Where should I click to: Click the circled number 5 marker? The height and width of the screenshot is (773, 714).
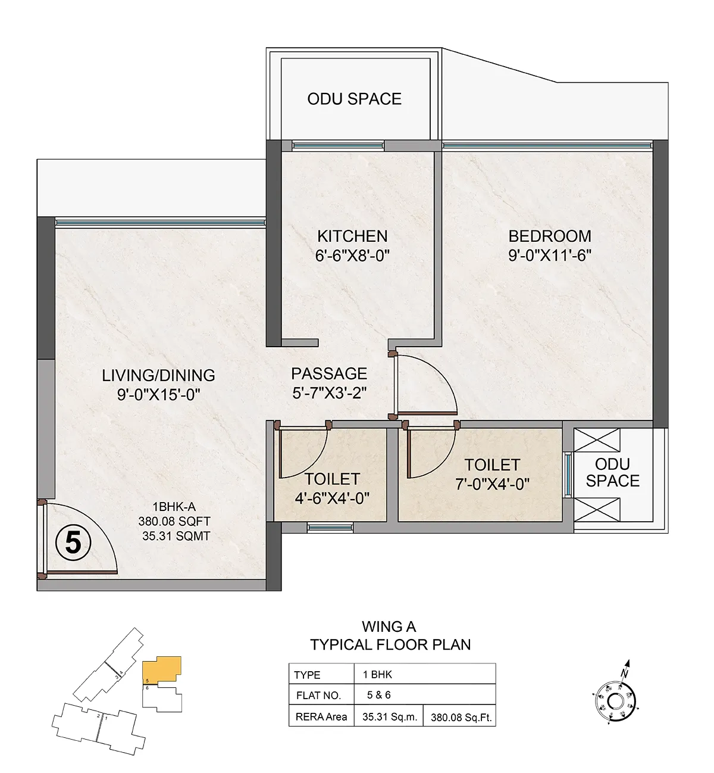click(x=73, y=543)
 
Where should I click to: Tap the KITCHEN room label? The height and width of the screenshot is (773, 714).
click(x=352, y=236)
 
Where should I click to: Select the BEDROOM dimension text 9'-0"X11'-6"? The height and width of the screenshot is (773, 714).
click(x=550, y=255)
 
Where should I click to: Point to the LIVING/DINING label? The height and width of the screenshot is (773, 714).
click(x=158, y=375)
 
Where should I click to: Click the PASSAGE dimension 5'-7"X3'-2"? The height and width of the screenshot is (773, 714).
click(x=330, y=393)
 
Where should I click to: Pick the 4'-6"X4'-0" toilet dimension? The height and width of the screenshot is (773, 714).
click(x=332, y=498)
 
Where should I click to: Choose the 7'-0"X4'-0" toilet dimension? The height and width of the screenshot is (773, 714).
click(x=492, y=484)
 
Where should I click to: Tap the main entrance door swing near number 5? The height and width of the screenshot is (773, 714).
click(x=99, y=522)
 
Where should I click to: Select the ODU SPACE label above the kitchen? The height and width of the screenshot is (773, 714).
click(x=354, y=99)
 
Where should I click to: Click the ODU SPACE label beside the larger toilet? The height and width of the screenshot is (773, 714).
click(x=612, y=472)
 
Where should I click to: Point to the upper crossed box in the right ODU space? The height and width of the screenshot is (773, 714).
click(x=597, y=440)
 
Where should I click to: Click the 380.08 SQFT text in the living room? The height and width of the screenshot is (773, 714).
click(x=174, y=520)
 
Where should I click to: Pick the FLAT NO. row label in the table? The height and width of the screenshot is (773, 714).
click(x=318, y=695)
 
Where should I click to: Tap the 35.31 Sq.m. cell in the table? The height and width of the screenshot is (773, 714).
click(x=389, y=716)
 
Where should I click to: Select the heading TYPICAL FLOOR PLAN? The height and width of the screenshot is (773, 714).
click(x=390, y=645)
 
